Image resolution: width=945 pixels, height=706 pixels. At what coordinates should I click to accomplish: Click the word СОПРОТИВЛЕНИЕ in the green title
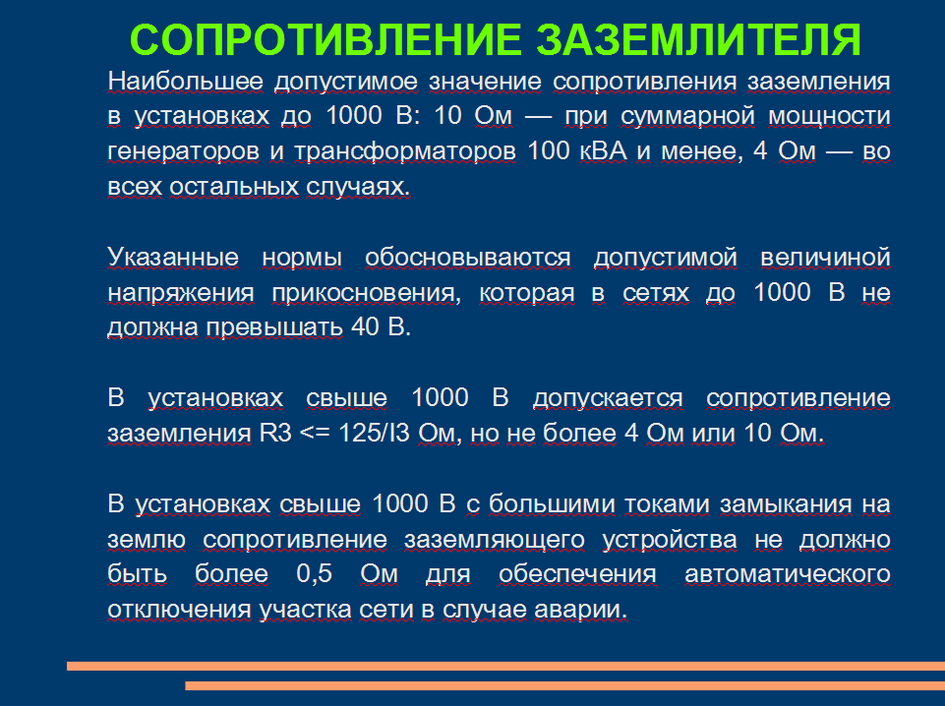[x=325, y=40]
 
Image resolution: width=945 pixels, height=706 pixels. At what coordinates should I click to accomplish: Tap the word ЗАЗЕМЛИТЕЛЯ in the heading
[x=699, y=40]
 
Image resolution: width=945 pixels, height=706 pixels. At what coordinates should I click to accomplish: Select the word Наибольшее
[x=186, y=82]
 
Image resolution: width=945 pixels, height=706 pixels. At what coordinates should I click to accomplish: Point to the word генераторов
[x=183, y=151]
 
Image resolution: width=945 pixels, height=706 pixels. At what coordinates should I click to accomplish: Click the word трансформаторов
[x=405, y=151]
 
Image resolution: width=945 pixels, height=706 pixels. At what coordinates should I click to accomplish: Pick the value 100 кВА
[x=577, y=150]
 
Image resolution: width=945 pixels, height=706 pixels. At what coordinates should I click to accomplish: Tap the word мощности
[x=829, y=116]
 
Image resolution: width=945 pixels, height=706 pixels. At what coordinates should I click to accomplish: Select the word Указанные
[x=173, y=258]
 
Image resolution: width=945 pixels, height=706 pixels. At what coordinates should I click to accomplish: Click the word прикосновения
[x=367, y=293]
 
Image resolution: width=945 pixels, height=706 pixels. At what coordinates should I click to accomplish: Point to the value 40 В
[x=381, y=327]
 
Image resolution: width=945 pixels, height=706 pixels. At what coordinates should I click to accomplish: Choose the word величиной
[x=826, y=258]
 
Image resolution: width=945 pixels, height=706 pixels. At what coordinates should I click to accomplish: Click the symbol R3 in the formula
[x=275, y=433]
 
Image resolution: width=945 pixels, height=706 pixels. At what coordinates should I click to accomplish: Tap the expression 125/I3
[x=375, y=433]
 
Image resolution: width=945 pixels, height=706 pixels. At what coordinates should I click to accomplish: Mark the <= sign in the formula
[x=315, y=434]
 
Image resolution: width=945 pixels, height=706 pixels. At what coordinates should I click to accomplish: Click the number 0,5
[x=314, y=574]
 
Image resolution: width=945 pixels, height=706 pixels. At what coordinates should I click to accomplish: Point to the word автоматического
[x=788, y=574]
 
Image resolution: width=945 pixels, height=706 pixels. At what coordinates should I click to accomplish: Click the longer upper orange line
[x=505, y=666]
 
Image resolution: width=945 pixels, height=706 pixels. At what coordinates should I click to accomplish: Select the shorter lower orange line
[x=564, y=685]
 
